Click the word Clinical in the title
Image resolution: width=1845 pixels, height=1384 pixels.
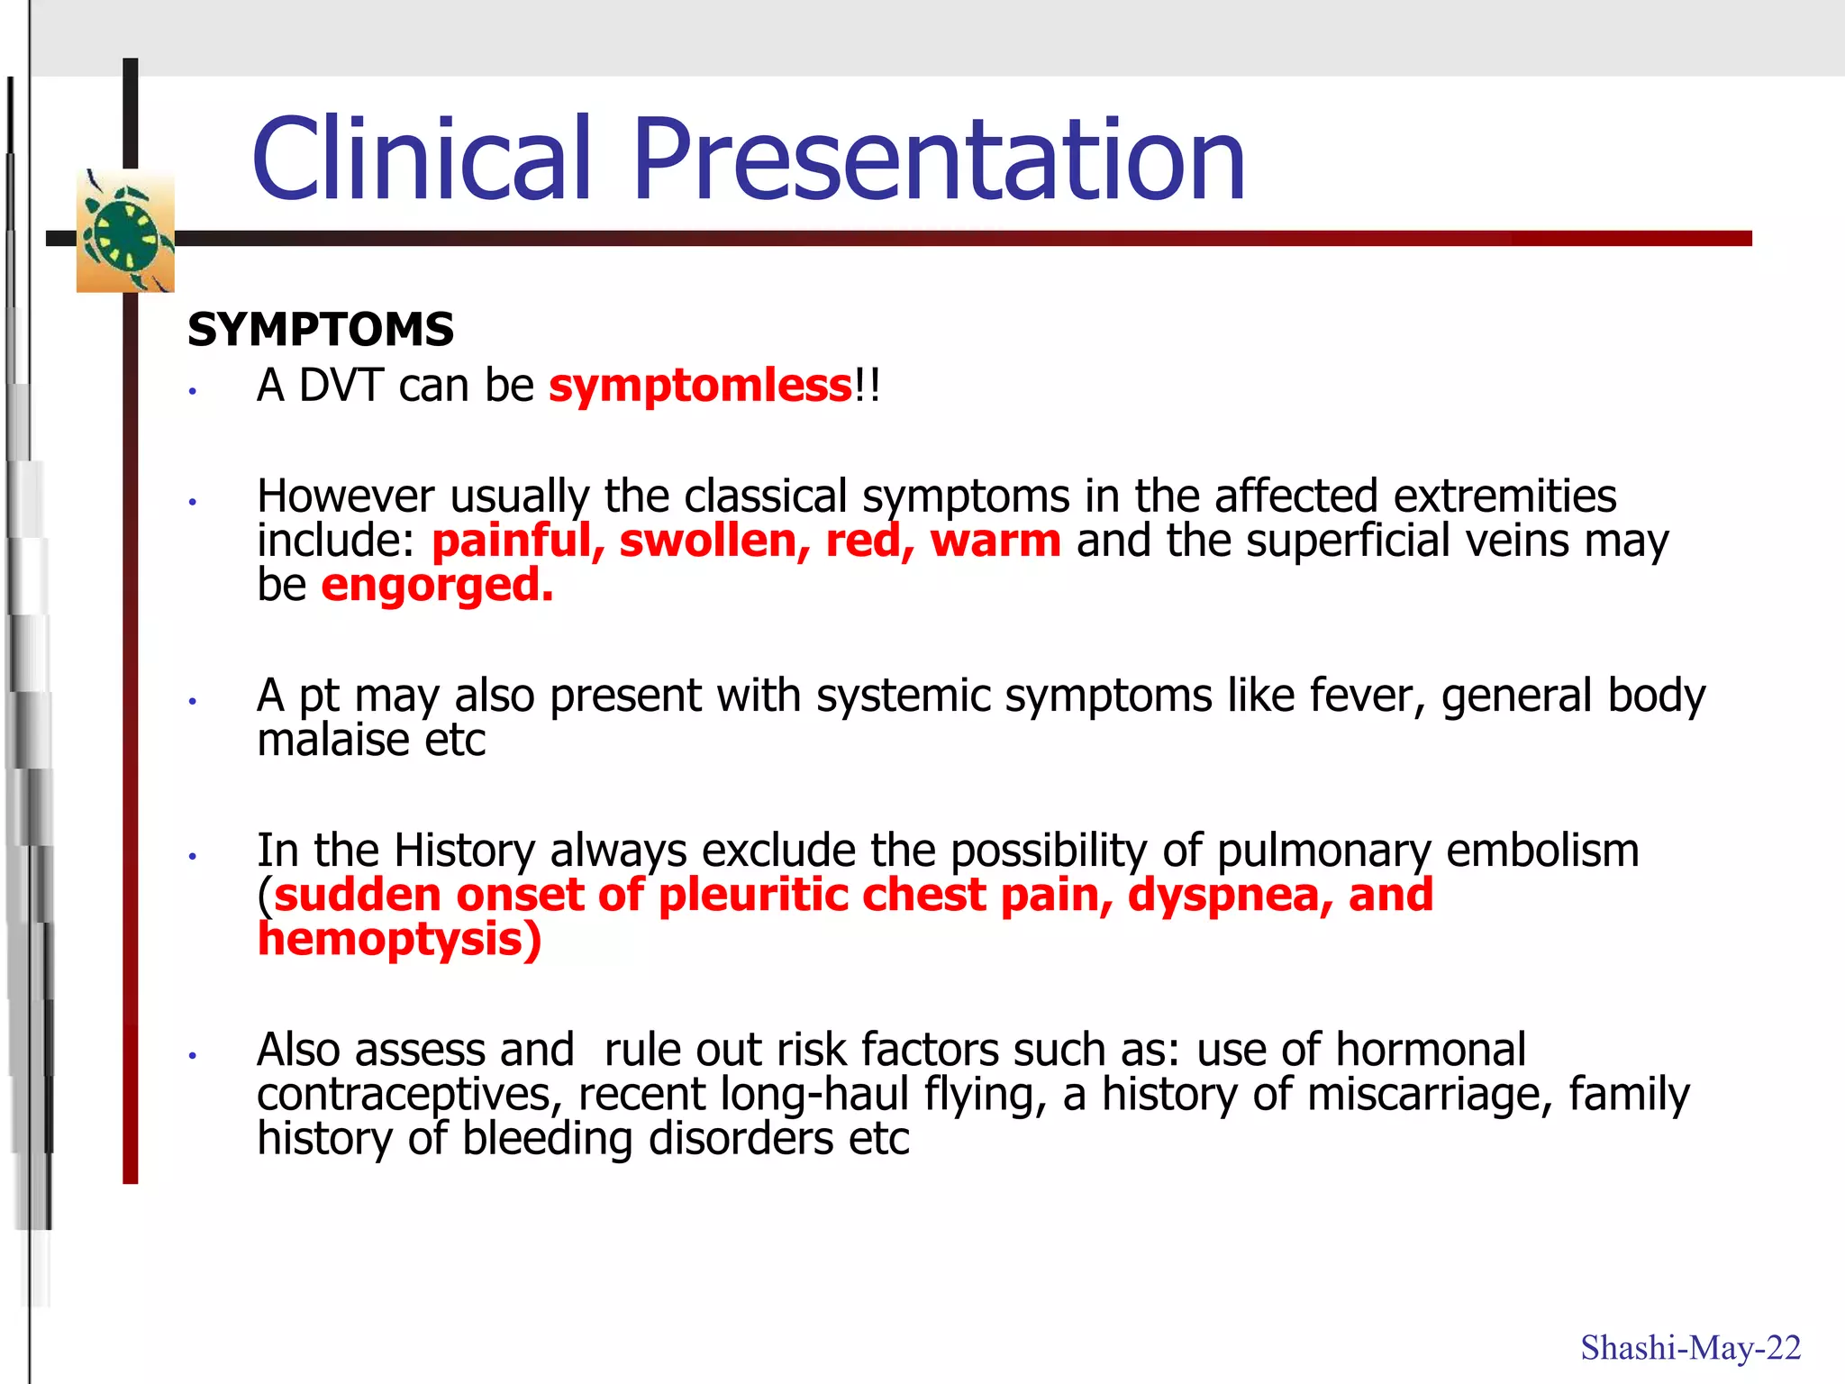click(422, 159)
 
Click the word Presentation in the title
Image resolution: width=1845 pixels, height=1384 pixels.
click(939, 159)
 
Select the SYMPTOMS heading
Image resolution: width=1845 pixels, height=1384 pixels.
click(320, 329)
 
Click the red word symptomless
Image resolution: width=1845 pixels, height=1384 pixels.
click(700, 386)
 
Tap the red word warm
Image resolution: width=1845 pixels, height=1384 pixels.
click(995, 541)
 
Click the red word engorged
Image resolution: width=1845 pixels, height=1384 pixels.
click(437, 586)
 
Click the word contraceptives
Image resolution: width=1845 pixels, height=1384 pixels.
click(410, 1095)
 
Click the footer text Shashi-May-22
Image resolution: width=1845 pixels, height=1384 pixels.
click(1690, 1348)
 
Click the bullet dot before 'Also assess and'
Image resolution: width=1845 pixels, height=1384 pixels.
click(193, 1055)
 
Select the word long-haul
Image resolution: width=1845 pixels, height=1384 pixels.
click(814, 1095)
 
